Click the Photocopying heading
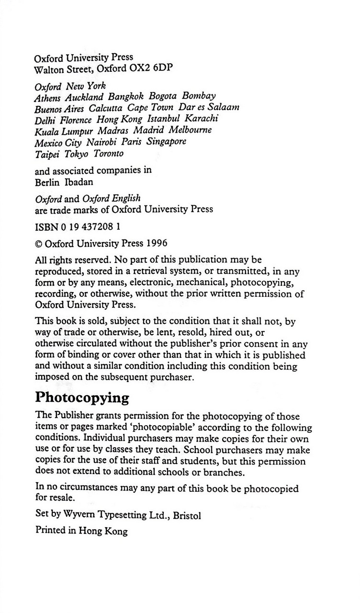pyautogui.click(x=82, y=398)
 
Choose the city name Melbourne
pyautogui.click(x=191, y=130)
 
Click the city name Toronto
pyautogui.click(x=108, y=153)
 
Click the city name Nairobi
pyautogui.click(x=102, y=142)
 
